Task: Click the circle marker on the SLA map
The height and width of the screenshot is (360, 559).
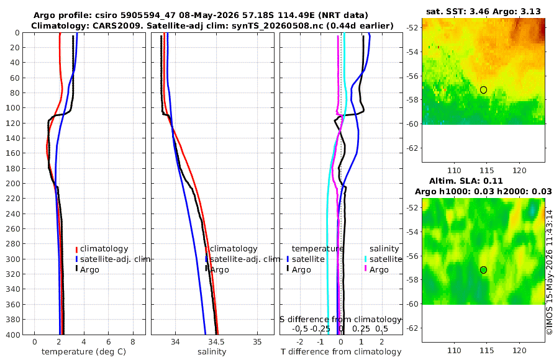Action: click(x=483, y=270)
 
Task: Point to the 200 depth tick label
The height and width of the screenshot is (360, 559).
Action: click(x=14, y=183)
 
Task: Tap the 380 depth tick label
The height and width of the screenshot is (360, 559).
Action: click(x=14, y=319)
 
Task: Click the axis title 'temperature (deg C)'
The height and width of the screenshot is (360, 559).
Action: click(x=84, y=352)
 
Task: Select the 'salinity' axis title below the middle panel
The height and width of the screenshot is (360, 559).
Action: click(x=212, y=352)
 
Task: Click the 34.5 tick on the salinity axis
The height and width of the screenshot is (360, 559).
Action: click(x=216, y=342)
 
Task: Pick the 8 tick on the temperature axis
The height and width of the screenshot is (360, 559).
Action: click(x=133, y=342)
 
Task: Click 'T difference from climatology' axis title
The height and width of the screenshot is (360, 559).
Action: click(x=341, y=352)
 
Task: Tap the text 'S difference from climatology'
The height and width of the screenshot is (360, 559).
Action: click(x=340, y=320)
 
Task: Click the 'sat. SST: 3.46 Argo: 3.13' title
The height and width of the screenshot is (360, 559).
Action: click(x=483, y=11)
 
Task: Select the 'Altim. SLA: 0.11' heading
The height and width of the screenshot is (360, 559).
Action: click(x=466, y=181)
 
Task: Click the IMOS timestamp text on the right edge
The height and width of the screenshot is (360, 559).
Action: click(x=550, y=272)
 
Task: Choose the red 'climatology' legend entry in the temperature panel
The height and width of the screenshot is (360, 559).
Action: click(x=102, y=249)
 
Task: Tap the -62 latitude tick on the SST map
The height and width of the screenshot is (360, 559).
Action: click(x=413, y=148)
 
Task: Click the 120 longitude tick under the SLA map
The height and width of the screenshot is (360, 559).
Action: click(x=519, y=350)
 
